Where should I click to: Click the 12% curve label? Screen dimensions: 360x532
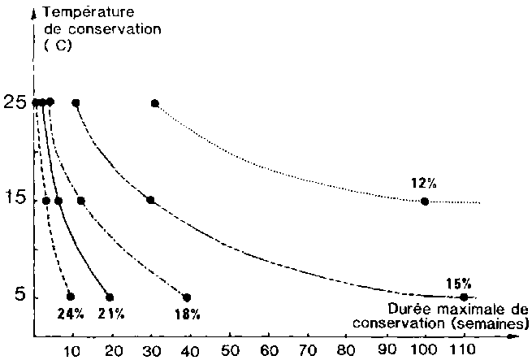point(424,184)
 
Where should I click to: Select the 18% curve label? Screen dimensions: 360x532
point(188,313)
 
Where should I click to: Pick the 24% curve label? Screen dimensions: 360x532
point(70,313)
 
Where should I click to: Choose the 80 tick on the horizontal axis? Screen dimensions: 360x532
point(347,351)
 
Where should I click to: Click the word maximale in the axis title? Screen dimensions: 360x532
point(457,309)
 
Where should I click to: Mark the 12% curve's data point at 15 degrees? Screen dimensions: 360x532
point(424,201)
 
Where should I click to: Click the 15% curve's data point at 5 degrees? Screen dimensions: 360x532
point(464,297)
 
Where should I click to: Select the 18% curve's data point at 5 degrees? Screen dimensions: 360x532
point(187,297)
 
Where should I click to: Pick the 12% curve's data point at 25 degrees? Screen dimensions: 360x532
point(155,102)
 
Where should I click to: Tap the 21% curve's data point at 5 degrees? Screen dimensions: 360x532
point(110,297)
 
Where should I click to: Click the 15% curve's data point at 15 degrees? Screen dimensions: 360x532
point(150,200)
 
